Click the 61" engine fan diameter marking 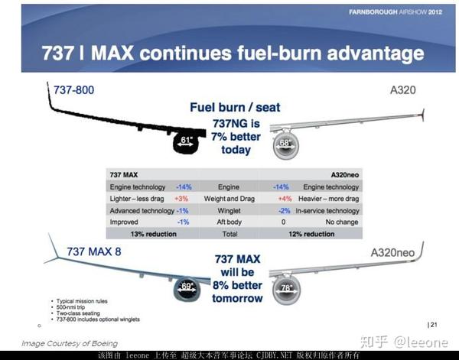coord(187,139)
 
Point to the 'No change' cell coord(343,222)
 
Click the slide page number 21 coord(432,325)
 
